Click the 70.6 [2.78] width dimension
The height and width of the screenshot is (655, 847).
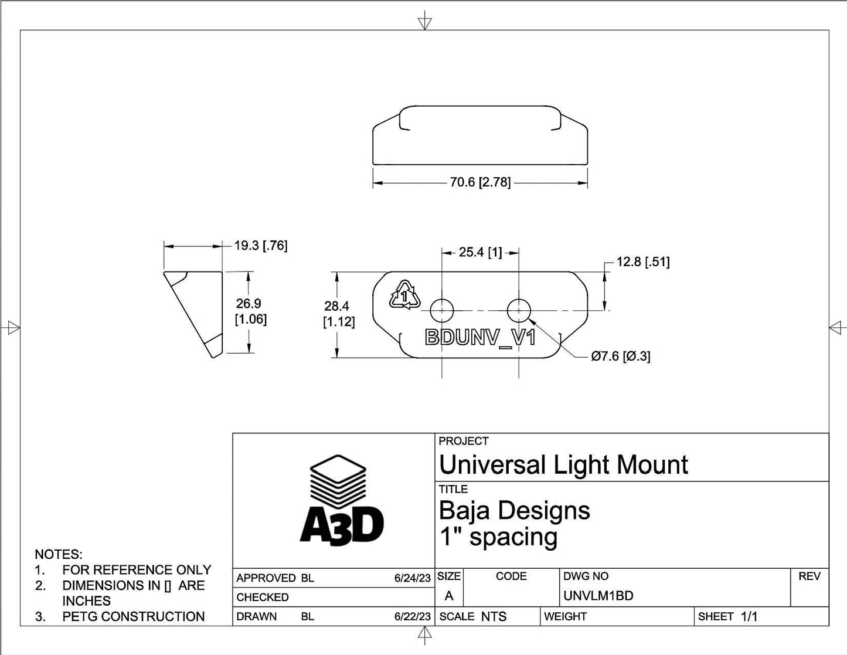[480, 182]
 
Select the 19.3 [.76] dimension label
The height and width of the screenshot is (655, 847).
[261, 246]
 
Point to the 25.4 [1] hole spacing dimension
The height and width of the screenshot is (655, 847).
[480, 252]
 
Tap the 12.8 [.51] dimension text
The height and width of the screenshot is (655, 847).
[642, 262]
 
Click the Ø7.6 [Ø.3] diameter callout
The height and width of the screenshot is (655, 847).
[621, 356]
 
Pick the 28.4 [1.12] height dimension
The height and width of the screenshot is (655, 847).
[339, 314]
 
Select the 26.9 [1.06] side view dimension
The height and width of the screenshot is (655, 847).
[250, 311]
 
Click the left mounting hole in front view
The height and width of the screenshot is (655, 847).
[441, 310]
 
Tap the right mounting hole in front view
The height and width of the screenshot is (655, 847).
[519, 310]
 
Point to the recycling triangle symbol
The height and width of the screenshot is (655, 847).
[404, 295]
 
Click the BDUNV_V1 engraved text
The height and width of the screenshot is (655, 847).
[479, 338]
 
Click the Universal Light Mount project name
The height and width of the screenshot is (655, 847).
[563, 465]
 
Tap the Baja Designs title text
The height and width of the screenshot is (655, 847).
[514, 510]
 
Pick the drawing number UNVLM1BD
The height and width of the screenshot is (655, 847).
[598, 596]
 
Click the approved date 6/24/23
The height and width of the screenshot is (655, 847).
[413, 578]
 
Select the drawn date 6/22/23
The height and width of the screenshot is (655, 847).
[413, 617]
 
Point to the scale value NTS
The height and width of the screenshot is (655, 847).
[494, 617]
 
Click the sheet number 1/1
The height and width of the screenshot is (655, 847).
[749, 617]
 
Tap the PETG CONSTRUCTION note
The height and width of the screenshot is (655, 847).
[134, 617]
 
